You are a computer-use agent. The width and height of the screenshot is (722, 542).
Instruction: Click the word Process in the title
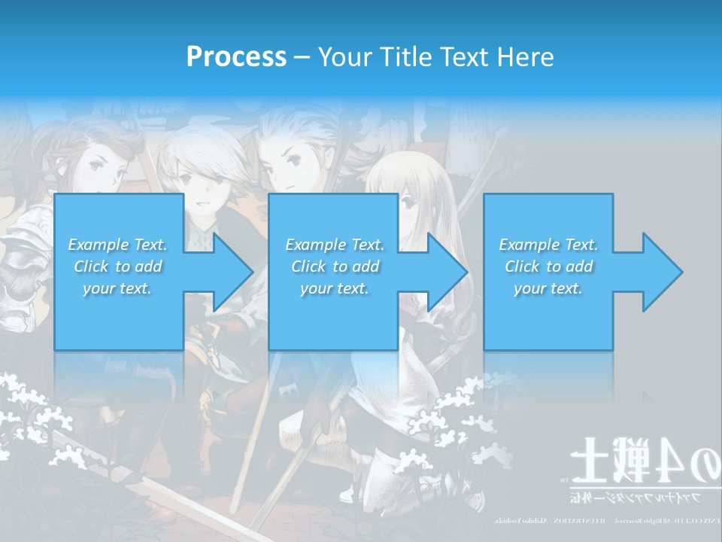pos(236,57)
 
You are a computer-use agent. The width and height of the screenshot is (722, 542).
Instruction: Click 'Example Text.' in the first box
pos(117,245)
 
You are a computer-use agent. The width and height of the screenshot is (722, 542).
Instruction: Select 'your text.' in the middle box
pos(334,288)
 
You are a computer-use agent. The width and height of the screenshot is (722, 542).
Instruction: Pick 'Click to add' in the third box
pos(548,266)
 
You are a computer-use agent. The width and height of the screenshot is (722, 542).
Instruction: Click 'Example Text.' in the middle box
pos(334,245)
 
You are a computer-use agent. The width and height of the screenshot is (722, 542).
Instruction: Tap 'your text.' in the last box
pos(548,288)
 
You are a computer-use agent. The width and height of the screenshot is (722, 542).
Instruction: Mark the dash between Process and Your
pos(302,57)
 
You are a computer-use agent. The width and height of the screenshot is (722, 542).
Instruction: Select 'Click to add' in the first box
pos(117,266)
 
